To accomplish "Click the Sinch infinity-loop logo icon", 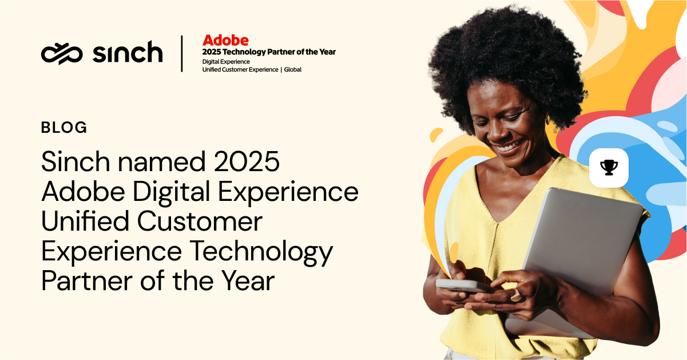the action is point(62,54).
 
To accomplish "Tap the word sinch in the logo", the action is point(128,52).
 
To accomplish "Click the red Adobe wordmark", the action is point(225,40).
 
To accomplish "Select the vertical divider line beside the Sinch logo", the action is point(182,54).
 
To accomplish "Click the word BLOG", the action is point(64,128).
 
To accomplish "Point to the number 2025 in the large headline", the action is point(247,161).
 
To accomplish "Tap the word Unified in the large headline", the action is point(85,221).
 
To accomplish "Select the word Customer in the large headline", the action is point(200,221).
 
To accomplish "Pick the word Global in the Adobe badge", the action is point(292,70).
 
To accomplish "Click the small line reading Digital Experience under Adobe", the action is point(226,62).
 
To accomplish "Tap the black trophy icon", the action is point(609,168).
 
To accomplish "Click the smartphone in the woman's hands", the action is point(463,286).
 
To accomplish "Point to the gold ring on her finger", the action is point(516,295).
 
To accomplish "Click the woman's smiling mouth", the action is point(510,147).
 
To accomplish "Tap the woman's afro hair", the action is point(506,61).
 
